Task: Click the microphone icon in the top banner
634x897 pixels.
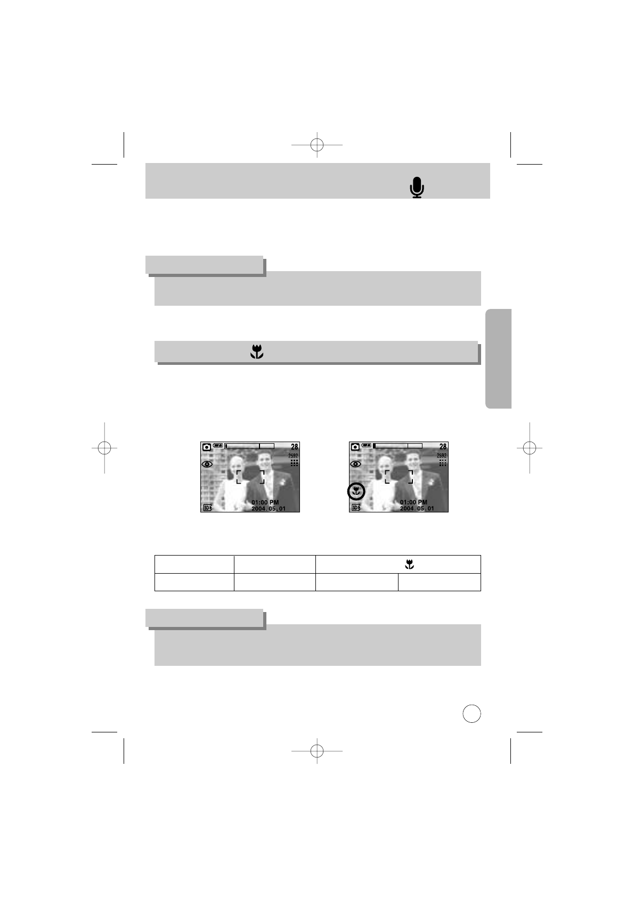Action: coord(417,187)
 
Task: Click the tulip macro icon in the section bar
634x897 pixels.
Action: coord(257,352)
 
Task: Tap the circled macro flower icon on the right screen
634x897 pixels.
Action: coord(355,492)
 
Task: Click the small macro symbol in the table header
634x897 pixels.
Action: coord(409,564)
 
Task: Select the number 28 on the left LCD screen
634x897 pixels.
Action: coord(294,446)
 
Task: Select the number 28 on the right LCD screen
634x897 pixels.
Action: coord(443,446)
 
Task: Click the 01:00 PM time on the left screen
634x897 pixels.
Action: coord(265,502)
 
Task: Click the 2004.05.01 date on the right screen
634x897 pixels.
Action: coord(417,509)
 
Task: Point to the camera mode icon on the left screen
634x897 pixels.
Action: coord(206,447)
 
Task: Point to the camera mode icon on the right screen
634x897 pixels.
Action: coord(355,447)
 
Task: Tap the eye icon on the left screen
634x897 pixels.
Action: coord(207,464)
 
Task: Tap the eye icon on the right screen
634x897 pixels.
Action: coord(355,464)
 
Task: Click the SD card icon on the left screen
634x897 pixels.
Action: coord(207,508)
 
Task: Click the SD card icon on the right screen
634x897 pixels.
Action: coord(355,508)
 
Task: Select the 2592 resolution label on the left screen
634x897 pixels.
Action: coord(293,456)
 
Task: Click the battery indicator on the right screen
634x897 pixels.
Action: coord(367,445)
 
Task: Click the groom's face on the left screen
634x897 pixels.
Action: coord(265,462)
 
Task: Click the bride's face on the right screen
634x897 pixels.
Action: coord(385,464)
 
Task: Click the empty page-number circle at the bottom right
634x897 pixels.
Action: coord(472,714)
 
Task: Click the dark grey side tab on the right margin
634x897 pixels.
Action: coord(499,358)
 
